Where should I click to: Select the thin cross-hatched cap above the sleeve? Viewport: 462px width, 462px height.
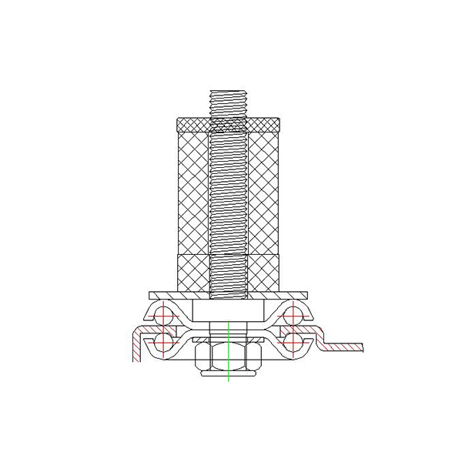(229, 123)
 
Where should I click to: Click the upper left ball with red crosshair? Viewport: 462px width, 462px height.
(164, 315)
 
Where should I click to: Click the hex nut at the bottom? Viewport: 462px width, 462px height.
(229, 357)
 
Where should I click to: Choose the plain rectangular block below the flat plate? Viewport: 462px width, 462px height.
(229, 311)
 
